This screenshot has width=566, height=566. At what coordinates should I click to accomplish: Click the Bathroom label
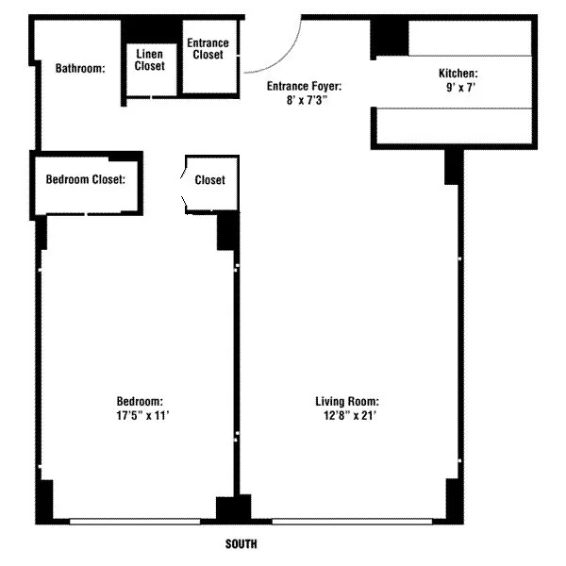pos(79,68)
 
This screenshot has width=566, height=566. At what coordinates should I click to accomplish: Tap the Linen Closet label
pos(149,60)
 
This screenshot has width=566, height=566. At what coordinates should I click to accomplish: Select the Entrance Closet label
pos(208,49)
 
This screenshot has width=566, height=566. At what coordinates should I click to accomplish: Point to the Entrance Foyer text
pos(303,86)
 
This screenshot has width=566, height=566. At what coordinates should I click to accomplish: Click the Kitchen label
pos(458,74)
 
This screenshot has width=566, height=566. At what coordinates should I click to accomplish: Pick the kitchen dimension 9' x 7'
pos(458,87)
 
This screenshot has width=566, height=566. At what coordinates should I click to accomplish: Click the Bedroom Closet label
pos(86,179)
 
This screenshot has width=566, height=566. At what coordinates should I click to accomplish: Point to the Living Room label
pos(347,401)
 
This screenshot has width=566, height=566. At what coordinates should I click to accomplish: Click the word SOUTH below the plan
pos(241,544)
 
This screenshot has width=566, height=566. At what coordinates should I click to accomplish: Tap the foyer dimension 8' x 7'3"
pos(303,99)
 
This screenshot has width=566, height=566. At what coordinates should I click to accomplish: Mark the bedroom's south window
pos(134,520)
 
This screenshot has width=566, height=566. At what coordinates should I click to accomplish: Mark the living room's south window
pos(341,520)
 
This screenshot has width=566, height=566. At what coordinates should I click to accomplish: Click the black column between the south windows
pos(227,508)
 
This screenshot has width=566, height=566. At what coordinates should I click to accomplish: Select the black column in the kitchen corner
pos(389,37)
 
